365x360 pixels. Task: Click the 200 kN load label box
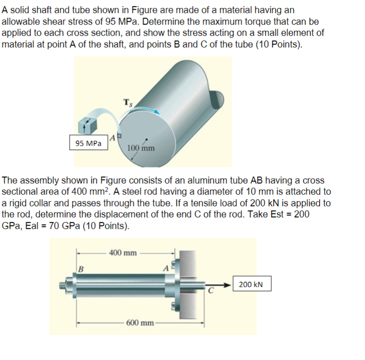(251, 284)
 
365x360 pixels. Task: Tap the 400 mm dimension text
(123, 253)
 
